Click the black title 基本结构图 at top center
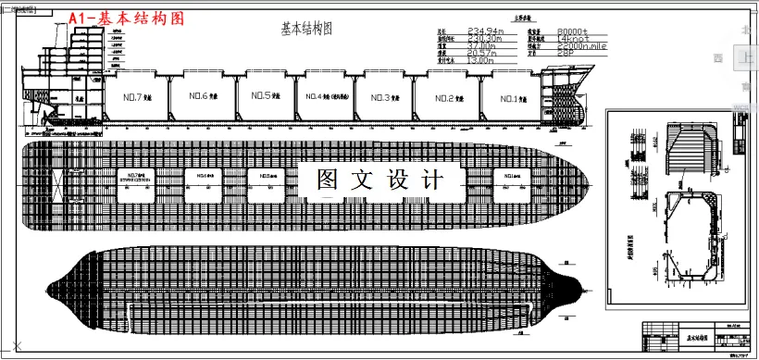305,29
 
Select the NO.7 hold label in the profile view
138,97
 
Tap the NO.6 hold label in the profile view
203,97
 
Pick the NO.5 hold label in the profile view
265,96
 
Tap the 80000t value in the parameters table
577,31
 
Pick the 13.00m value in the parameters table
483,60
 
